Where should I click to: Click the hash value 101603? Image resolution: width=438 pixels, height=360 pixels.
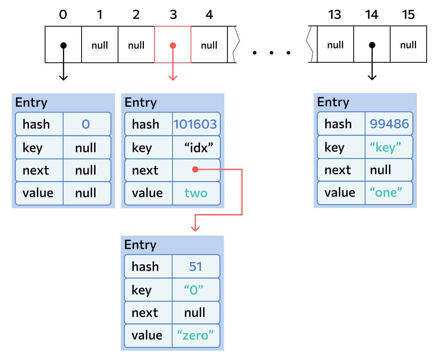tap(195, 124)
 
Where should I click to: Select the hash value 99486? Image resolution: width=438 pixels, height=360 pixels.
tap(389, 124)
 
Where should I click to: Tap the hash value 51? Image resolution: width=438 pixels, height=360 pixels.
tap(196, 266)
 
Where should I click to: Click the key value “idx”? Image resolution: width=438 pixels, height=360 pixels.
tap(198, 147)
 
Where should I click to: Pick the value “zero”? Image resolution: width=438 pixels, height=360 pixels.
tap(195, 335)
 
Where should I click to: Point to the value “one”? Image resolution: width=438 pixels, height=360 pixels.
tap(386, 192)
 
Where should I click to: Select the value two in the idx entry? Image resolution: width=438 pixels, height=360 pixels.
tap(196, 193)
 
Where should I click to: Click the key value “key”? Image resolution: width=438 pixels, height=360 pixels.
tap(385, 147)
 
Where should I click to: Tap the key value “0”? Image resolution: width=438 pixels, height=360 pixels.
tap(194, 290)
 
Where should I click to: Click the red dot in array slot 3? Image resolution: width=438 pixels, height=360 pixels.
tap(173, 45)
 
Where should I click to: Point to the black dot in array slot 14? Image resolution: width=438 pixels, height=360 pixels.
tap(372, 45)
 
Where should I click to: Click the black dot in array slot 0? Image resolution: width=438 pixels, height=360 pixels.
tap(64, 45)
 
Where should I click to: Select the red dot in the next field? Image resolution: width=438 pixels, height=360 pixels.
tap(195, 169)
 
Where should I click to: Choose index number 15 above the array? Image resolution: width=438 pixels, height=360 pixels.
tap(408, 15)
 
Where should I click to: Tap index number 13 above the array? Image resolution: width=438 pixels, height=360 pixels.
tap(334, 15)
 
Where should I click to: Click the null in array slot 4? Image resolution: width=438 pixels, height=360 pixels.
tap(209, 45)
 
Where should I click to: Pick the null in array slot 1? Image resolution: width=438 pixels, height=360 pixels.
tap(100, 45)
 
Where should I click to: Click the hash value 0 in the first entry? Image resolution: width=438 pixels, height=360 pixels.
tap(86, 124)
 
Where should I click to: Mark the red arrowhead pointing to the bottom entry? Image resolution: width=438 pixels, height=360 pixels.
tap(195, 229)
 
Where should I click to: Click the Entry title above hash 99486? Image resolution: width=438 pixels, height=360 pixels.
tap(333, 102)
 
